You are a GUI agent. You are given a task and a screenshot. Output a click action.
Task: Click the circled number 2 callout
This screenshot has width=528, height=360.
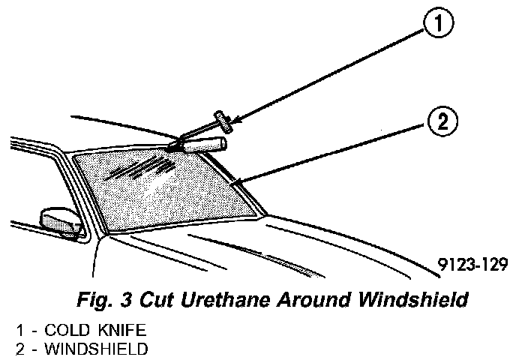(x=442, y=121)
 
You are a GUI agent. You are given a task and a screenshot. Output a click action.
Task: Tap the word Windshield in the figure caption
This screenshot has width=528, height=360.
(x=415, y=300)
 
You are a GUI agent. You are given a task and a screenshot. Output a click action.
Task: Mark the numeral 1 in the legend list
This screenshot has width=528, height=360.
(x=18, y=330)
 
